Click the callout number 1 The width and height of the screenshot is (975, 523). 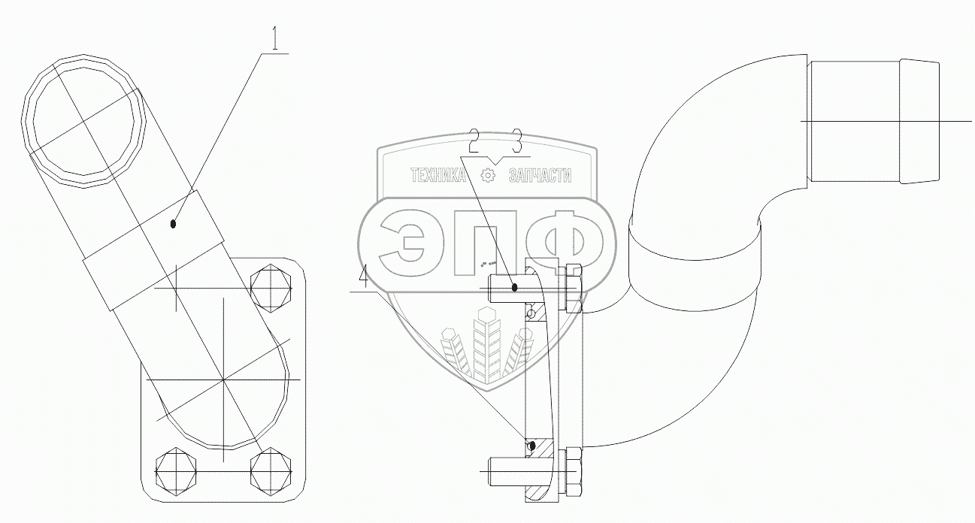tap(276, 39)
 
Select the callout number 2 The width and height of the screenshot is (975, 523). tap(474, 139)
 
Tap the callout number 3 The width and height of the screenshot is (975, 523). tap(517, 139)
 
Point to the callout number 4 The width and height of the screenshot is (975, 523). tap(363, 279)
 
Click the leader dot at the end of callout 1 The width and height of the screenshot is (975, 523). tap(174, 222)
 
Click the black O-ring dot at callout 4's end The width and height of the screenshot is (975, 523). tap(531, 445)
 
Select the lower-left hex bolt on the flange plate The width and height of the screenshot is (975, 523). tap(174, 471)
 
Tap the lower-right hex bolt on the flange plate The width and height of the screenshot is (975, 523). tap(271, 471)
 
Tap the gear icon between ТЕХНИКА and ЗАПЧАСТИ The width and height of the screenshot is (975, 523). tap(489, 176)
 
